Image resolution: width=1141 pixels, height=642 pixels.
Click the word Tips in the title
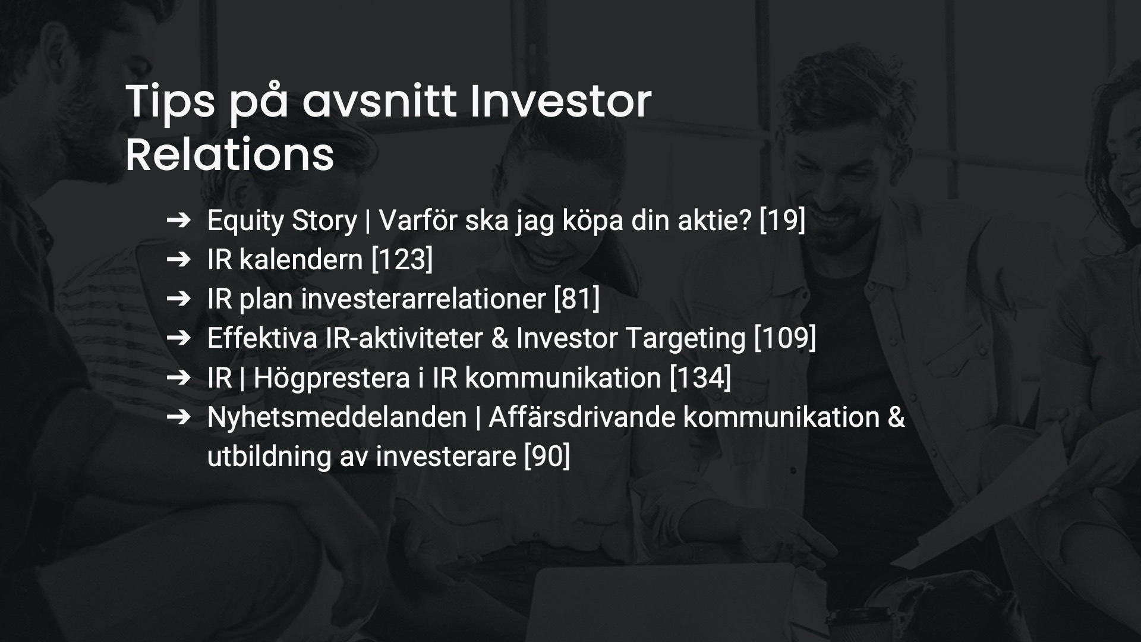170,102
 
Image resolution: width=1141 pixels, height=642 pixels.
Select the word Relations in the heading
229,155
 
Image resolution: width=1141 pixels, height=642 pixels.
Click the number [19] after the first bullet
782,221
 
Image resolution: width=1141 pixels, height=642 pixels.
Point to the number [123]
402,260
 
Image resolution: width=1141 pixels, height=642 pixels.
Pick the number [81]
576,299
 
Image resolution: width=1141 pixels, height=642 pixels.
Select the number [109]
785,338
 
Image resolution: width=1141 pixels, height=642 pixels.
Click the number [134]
700,377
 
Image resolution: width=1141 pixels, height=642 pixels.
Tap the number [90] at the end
547,457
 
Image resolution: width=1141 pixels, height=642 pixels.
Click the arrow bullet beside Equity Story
178,221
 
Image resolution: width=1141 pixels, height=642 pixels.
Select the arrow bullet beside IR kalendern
178,260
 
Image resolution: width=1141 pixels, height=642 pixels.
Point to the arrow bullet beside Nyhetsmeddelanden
178,417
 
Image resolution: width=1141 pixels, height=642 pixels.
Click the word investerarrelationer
423,299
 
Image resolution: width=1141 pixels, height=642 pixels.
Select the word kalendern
301,260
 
